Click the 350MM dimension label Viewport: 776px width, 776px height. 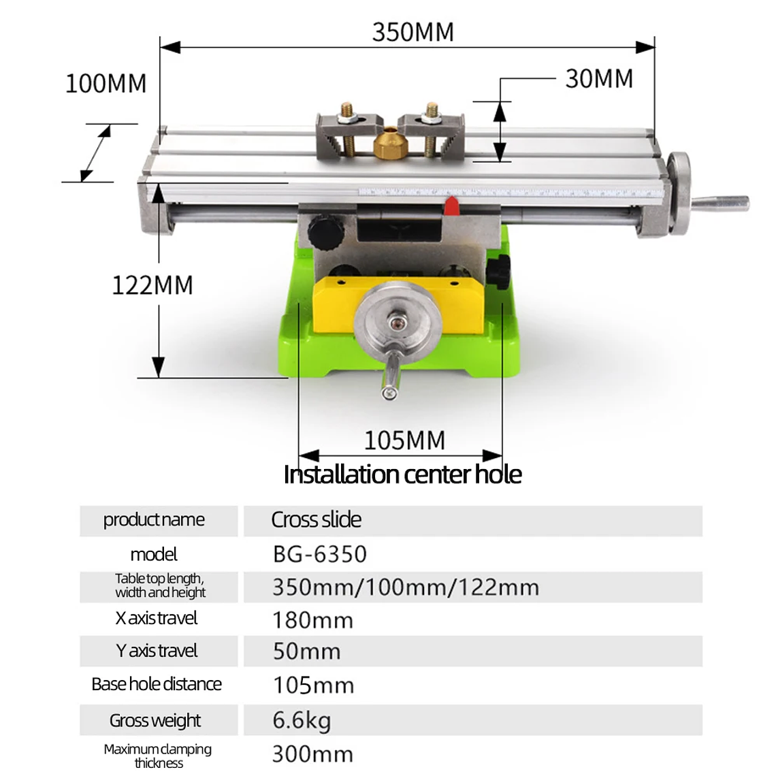pos(413,32)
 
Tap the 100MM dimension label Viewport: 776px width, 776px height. pos(106,84)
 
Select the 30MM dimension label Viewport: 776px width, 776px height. pos(599,79)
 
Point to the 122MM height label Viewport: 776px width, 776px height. pos(152,285)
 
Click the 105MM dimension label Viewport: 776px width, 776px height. pos(404,440)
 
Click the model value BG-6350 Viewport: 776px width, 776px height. pos(319,554)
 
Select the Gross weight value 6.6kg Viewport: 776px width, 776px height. pos(302,720)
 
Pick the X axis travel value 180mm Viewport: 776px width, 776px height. pos(312,620)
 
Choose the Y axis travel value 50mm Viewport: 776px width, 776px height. pos(306,651)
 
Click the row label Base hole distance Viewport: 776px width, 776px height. pos(157,684)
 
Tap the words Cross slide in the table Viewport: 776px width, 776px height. pos(316,520)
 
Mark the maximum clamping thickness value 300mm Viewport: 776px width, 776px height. pos(312,754)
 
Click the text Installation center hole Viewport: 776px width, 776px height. pos(402,474)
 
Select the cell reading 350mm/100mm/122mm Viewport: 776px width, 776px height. pos(406,587)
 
